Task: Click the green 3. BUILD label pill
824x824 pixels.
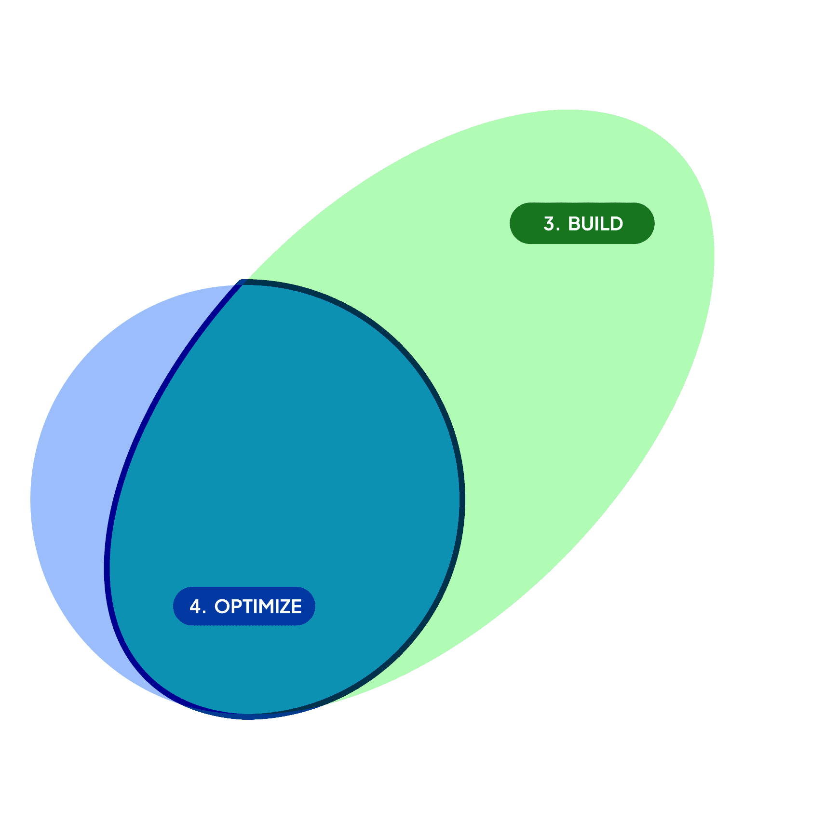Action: coord(581,223)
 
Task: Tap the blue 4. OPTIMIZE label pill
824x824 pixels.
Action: coord(244,606)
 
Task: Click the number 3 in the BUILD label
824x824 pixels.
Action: coord(549,224)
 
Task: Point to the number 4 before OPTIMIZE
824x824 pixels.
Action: coord(195,607)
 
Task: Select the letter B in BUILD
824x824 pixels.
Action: coord(574,224)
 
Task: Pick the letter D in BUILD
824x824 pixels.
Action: coord(617,224)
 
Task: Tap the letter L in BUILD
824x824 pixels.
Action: coord(605,224)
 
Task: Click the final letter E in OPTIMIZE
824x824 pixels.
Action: coord(296,607)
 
